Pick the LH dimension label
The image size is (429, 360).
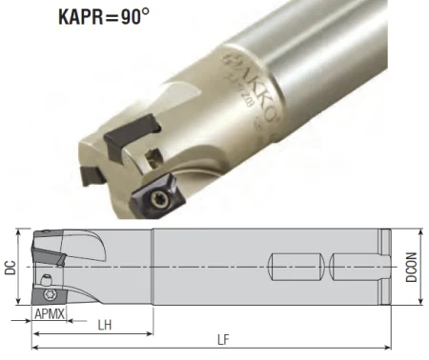[106, 325]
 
